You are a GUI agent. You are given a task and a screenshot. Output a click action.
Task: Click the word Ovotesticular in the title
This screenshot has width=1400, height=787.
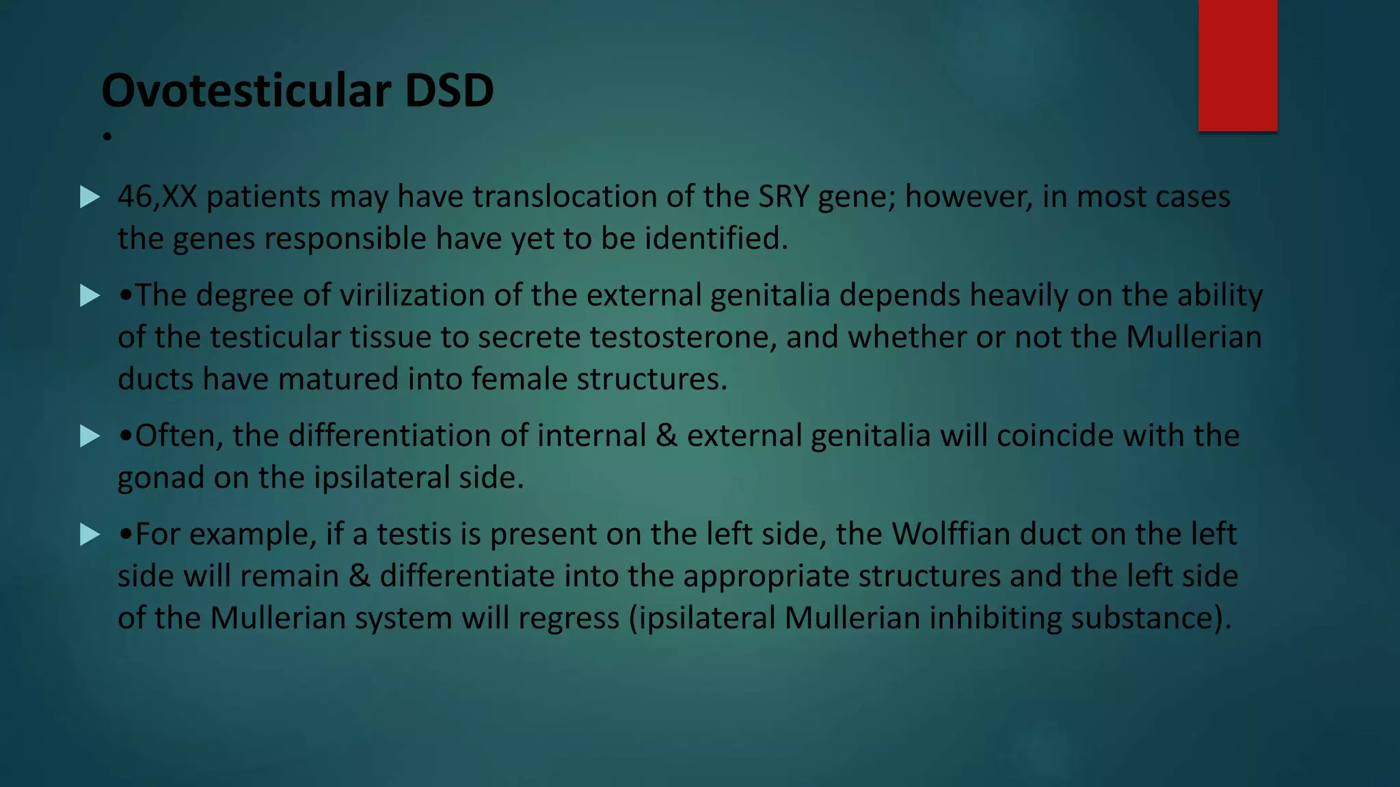[x=247, y=91]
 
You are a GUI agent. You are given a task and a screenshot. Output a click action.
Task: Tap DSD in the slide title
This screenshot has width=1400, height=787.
[x=449, y=91]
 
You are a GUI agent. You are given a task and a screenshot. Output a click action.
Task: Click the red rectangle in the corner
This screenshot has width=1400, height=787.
[x=1237, y=65]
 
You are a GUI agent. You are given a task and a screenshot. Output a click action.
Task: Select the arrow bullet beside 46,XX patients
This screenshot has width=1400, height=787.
[x=90, y=197]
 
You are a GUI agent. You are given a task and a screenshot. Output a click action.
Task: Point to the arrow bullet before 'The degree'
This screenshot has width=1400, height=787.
[x=90, y=296]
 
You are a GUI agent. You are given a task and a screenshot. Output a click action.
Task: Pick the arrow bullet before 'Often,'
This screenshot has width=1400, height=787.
[x=90, y=436]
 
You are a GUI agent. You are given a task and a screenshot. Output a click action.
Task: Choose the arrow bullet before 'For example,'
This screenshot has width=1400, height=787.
[x=90, y=534]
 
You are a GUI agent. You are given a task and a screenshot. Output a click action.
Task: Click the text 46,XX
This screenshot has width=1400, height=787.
[x=157, y=197]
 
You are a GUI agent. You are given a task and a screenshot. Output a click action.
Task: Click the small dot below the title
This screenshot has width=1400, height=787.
[x=107, y=137]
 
